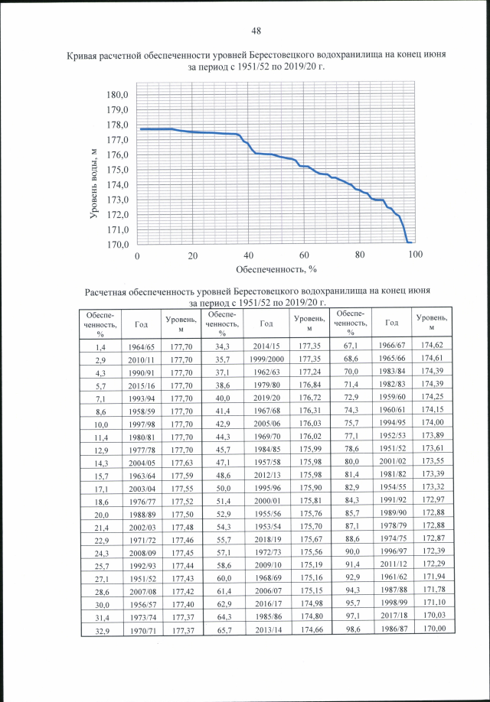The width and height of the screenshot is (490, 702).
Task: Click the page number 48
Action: coord(256,30)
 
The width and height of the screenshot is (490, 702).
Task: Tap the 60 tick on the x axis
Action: coord(304,255)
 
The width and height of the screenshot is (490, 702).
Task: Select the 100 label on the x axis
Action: coord(416,255)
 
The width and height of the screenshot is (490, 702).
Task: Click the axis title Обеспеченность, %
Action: coord(276,269)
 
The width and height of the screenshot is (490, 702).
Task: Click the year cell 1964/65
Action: coord(141,346)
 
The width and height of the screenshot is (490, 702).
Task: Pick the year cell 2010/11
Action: coord(141,359)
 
